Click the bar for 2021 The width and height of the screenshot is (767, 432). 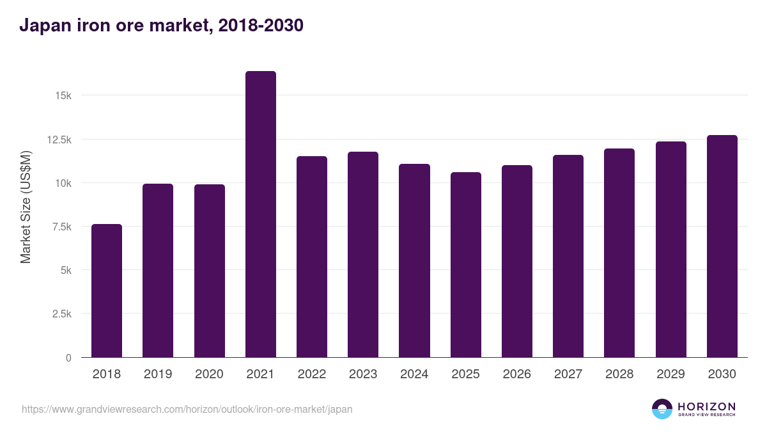260,214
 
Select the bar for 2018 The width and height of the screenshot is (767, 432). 107,291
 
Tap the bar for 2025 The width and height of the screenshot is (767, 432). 465,265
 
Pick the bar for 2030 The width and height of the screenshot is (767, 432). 722,246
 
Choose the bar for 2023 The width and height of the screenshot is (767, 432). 363,255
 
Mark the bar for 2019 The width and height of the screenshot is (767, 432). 158,271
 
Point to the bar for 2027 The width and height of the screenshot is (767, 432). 568,256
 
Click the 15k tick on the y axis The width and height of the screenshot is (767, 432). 63,95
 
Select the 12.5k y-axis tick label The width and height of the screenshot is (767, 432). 59,140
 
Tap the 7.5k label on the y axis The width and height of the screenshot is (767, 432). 61,227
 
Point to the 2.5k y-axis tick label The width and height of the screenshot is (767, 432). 61,314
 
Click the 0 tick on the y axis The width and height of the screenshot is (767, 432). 68,358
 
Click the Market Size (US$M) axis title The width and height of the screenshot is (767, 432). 26,206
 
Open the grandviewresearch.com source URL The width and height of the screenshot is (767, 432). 187,409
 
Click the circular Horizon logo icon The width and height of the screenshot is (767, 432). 662,409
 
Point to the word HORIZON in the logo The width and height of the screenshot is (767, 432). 706,406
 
